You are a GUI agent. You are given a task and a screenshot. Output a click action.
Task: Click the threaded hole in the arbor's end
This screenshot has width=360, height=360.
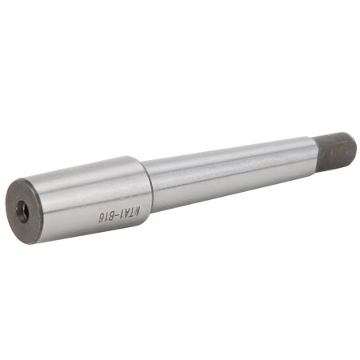(23, 211)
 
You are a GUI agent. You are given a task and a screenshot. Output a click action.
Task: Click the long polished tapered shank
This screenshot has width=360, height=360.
(232, 172)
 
